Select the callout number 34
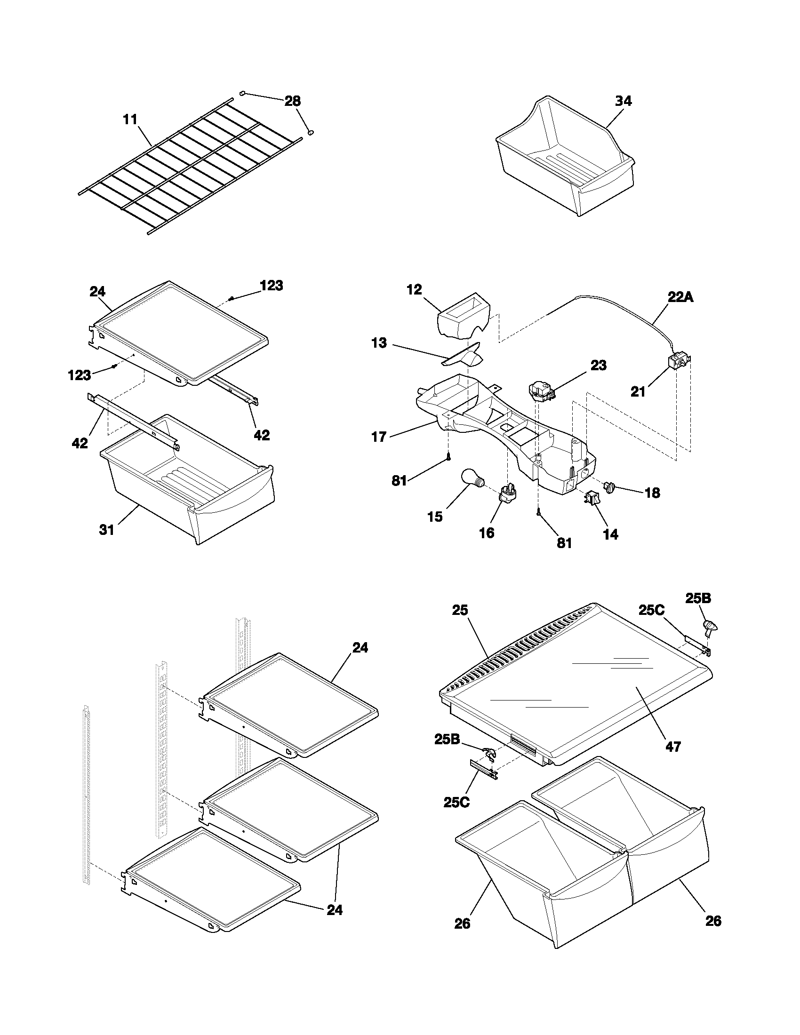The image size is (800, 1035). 623,101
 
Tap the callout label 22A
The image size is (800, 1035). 681,297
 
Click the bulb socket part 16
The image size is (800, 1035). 508,493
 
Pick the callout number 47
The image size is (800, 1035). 672,747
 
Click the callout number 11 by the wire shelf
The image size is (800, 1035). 130,119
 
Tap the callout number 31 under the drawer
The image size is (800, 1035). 107,530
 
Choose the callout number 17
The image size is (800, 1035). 379,437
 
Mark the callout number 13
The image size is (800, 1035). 379,342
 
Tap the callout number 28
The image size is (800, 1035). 292,101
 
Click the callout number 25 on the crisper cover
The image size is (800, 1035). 460,610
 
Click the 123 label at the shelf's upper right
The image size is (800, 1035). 271,286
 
